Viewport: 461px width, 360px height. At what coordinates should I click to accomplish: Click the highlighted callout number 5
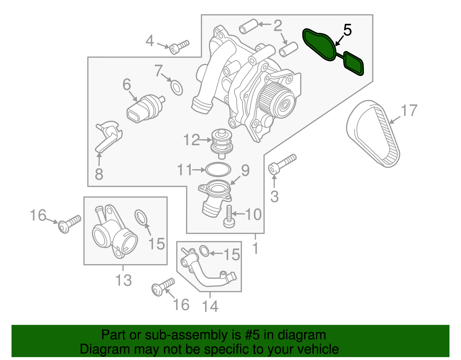347,30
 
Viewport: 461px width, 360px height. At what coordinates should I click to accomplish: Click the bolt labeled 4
179,47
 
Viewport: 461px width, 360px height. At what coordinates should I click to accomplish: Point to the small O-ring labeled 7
177,88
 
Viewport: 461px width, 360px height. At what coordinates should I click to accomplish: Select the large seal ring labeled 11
218,169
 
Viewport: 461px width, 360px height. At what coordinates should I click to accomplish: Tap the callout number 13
123,280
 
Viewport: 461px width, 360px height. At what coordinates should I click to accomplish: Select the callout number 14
210,306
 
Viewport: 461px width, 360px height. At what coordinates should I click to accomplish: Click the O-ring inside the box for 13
141,217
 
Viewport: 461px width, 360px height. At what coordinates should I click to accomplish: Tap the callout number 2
277,26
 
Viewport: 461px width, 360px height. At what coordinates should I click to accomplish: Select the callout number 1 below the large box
255,248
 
